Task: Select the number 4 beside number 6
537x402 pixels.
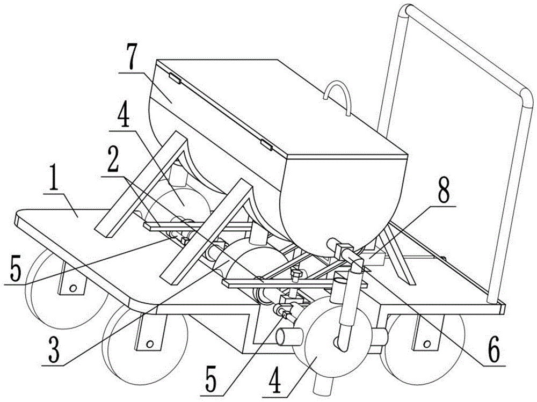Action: click(322, 383)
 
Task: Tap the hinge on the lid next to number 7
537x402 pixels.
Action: click(174, 78)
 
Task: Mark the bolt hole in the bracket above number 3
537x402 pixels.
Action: click(150, 343)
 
